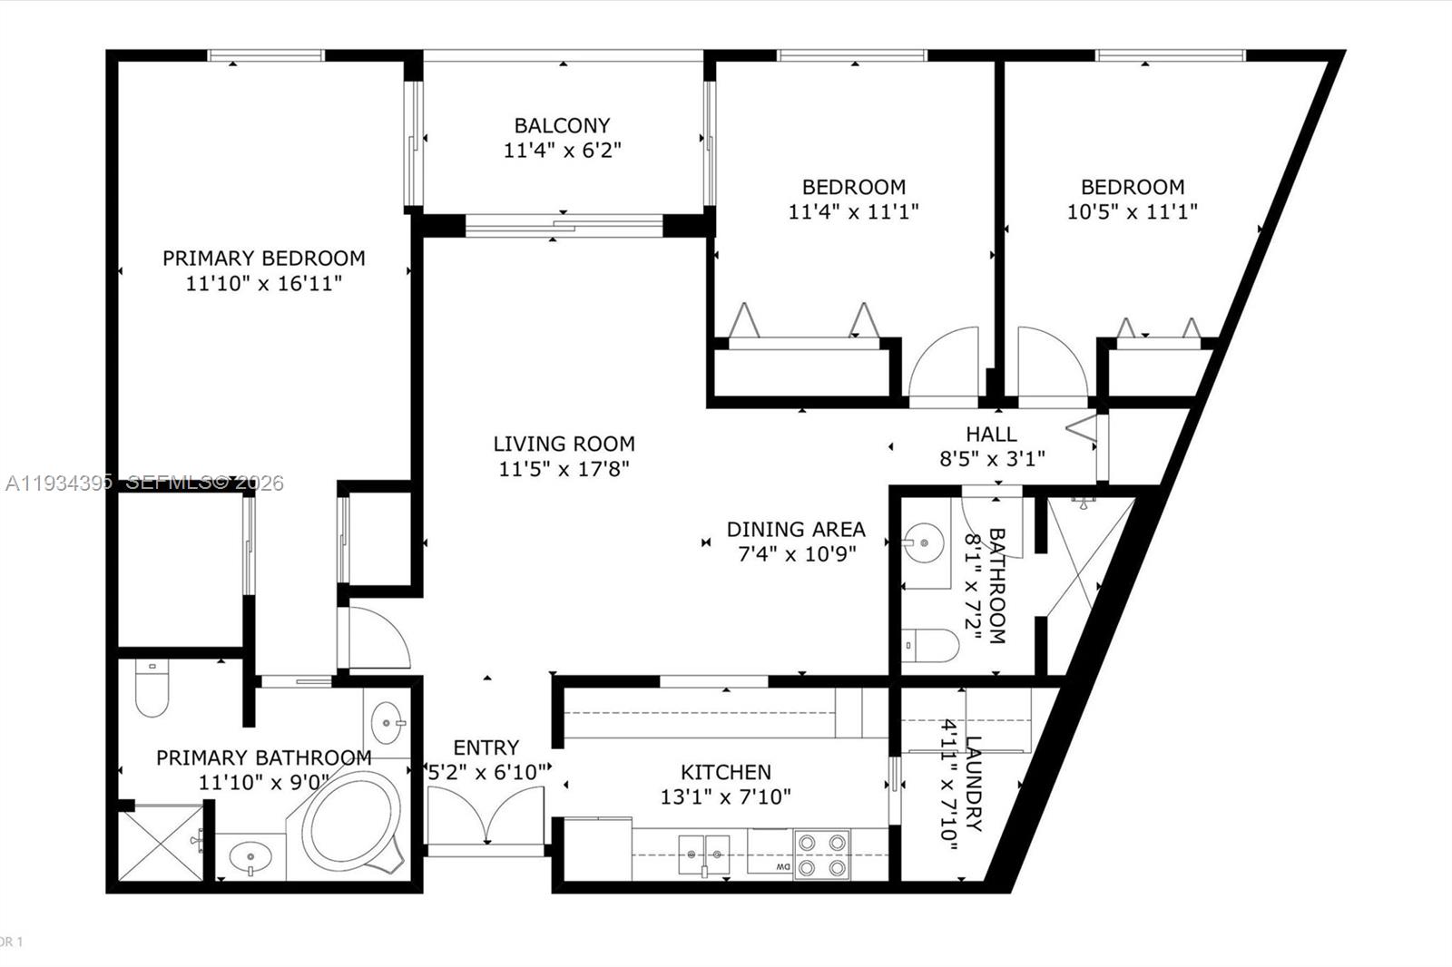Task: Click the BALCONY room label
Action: (x=562, y=125)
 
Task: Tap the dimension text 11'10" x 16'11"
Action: (x=263, y=284)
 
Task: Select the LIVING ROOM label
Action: (x=564, y=444)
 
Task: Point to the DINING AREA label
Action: (x=796, y=529)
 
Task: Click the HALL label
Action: (x=991, y=435)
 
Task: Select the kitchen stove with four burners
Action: (x=821, y=855)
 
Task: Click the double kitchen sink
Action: (x=704, y=855)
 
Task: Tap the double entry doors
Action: (x=486, y=815)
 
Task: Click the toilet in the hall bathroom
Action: (x=930, y=646)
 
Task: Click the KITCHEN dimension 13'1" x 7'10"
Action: (x=726, y=797)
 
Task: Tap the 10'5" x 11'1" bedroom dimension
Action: (x=1132, y=212)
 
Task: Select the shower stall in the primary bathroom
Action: (x=160, y=843)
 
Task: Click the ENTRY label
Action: (x=486, y=747)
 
